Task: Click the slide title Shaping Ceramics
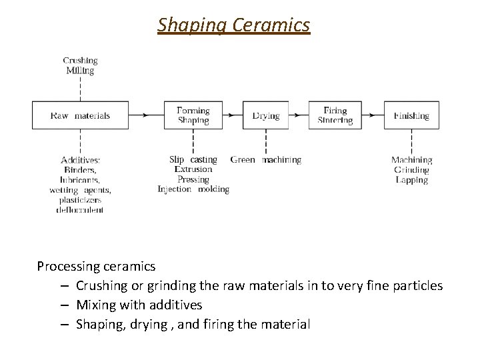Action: (234, 25)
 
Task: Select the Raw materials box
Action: (80, 115)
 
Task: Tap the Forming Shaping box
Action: (193, 115)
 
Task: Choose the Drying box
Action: (265, 115)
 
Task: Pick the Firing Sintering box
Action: (335, 115)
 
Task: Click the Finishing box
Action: (411, 115)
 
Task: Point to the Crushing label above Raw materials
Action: (80, 61)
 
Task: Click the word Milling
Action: (80, 71)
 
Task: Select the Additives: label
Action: (81, 160)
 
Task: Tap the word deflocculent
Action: (81, 210)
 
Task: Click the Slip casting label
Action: (193, 160)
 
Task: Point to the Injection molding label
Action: (193, 189)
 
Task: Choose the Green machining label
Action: (265, 160)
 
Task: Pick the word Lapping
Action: (411, 180)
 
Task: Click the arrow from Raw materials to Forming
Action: (146, 115)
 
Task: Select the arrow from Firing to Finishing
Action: (373, 115)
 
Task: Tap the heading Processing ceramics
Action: (96, 267)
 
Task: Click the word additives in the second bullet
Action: (174, 305)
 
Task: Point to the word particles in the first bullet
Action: (419, 286)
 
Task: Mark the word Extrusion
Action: (193, 170)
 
